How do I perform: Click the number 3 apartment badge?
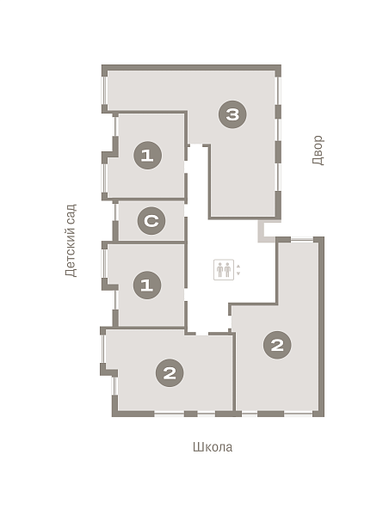pos(232,114)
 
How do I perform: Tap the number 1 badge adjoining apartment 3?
pos(147,155)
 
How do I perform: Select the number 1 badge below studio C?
pos(147,285)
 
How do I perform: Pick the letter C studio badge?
pos(151,220)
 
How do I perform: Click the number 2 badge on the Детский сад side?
pos(170,373)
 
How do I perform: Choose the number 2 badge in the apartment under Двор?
pos(277,345)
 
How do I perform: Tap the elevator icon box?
pos(224,269)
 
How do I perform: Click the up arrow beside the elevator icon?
pos(238,267)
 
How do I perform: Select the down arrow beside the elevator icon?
pos(238,273)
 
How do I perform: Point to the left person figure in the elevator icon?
pos(220,269)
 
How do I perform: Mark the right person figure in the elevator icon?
pos(227,269)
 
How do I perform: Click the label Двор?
pos(318,150)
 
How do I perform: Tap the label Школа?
pos(213,447)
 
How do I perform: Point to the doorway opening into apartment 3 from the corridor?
pos(196,145)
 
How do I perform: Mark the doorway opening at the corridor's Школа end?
pos(202,334)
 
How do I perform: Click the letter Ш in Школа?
pos(197,447)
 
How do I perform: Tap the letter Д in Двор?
pos(318,161)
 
